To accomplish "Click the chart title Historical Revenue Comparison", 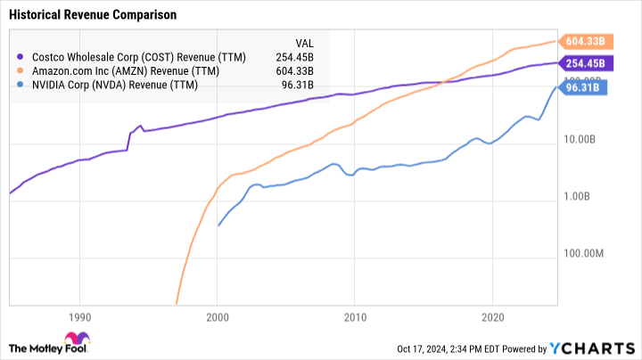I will tap(92, 15).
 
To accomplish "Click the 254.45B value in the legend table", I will tap(304, 55).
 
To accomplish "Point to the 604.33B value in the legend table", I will tap(304, 70).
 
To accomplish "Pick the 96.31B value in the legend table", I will tap(307, 86).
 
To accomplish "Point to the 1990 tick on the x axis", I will tap(79, 316).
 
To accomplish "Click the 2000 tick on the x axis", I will tap(217, 316).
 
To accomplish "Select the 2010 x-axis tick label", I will tap(355, 316).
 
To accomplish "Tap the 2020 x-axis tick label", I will tap(493, 316).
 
